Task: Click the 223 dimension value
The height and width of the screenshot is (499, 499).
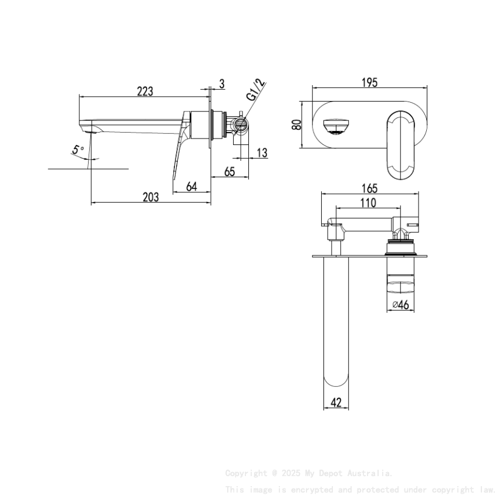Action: click(145, 91)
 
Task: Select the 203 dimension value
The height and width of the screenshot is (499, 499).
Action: click(151, 197)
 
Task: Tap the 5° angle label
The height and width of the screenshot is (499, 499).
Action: click(78, 150)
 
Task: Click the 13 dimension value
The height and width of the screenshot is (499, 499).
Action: click(262, 153)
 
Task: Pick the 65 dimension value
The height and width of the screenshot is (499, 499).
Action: click(230, 172)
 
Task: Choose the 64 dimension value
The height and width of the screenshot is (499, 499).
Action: click(191, 187)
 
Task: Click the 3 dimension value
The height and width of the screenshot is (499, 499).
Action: click(222, 84)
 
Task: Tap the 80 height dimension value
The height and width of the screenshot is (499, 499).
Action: click(297, 124)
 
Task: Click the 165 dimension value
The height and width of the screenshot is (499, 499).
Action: click(369, 188)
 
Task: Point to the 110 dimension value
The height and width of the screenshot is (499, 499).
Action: click(367, 203)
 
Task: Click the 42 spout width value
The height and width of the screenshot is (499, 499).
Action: click(336, 403)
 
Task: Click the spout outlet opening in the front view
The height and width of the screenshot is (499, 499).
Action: click(337, 126)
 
